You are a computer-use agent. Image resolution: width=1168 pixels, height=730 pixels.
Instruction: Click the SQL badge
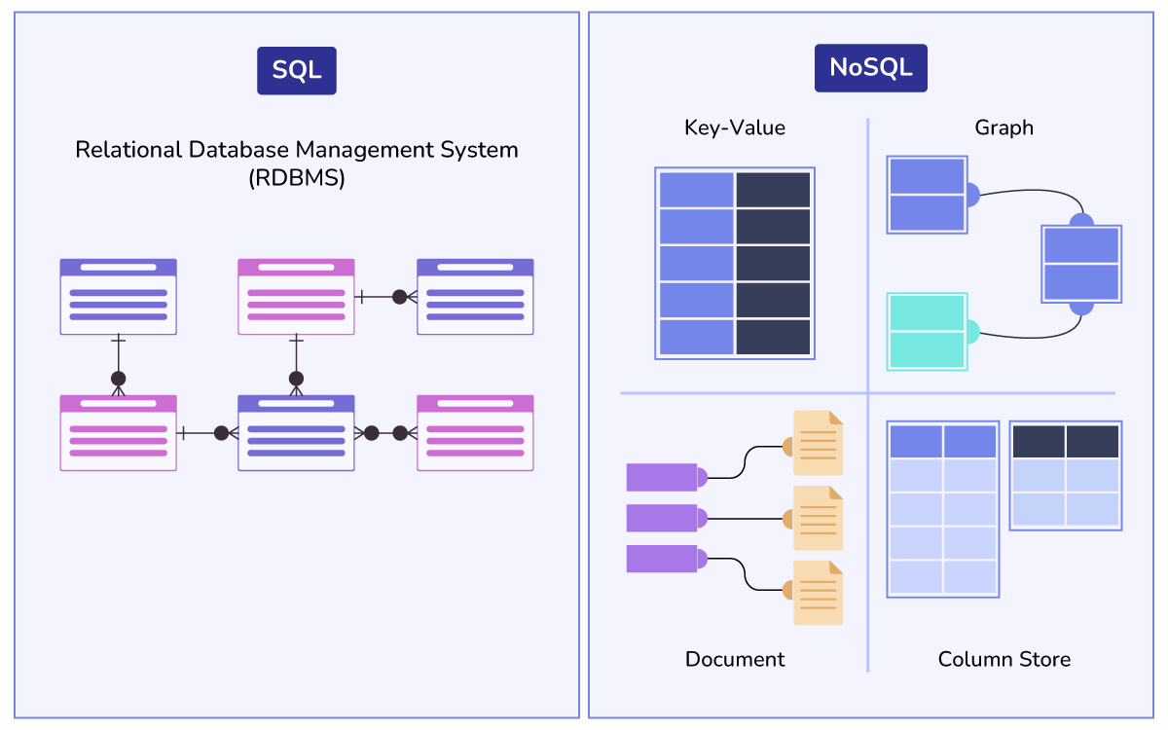[297, 71]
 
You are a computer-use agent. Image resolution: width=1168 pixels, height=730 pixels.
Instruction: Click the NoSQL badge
[870, 68]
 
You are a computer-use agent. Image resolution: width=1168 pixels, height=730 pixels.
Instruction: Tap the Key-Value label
[735, 128]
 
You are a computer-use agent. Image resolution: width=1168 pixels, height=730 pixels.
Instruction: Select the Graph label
[1004, 128]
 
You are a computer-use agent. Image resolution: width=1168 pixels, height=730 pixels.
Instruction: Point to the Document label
[735, 659]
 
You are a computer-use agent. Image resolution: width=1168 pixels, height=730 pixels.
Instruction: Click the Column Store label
[1004, 659]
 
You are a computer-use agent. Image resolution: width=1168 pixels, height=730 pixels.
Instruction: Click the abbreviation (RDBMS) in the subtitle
[297, 179]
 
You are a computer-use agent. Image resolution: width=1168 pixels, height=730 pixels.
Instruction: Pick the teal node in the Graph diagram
[927, 332]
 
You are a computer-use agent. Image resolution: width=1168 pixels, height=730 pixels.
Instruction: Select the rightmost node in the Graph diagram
[1081, 264]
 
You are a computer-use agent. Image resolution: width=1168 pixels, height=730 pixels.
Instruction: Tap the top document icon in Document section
[818, 443]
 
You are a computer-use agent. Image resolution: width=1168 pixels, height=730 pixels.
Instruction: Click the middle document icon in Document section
[818, 518]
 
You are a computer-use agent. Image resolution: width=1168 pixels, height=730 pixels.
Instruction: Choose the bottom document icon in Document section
[818, 593]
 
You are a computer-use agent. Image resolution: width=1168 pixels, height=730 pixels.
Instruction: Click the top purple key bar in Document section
[662, 477]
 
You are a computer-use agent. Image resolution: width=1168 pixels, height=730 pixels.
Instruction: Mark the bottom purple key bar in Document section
[662, 559]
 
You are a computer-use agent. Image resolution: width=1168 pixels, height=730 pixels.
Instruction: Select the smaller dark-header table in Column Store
[1066, 475]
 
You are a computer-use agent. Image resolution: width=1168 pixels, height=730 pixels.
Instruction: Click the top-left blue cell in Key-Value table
[696, 190]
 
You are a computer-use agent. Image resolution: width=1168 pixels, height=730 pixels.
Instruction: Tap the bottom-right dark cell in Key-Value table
[773, 337]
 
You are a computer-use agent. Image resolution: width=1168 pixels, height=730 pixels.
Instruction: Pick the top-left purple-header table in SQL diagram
[118, 297]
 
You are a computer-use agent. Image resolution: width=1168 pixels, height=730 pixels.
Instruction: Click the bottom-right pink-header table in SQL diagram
[475, 433]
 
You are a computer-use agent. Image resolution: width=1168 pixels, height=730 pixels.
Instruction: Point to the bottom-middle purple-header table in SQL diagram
[296, 433]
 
